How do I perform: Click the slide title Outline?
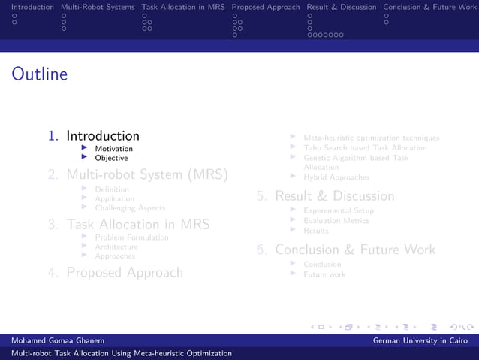click(40, 74)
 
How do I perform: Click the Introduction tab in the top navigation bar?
click(27, 7)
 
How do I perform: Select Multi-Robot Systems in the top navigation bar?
click(98, 7)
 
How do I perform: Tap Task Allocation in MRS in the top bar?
click(183, 7)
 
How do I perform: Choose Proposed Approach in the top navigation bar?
click(266, 7)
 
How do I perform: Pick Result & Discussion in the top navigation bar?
click(342, 7)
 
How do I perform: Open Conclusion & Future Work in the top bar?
click(429, 7)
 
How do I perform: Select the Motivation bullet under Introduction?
click(113, 149)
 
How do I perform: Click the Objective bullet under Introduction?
click(111, 158)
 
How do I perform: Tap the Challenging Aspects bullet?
click(130, 208)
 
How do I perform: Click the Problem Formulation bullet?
click(131, 237)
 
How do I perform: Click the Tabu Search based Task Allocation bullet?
click(365, 148)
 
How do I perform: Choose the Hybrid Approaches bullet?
click(336, 177)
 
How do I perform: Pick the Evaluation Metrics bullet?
click(336, 221)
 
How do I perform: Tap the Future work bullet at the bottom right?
click(324, 274)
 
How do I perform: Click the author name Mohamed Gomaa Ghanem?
click(58, 341)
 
